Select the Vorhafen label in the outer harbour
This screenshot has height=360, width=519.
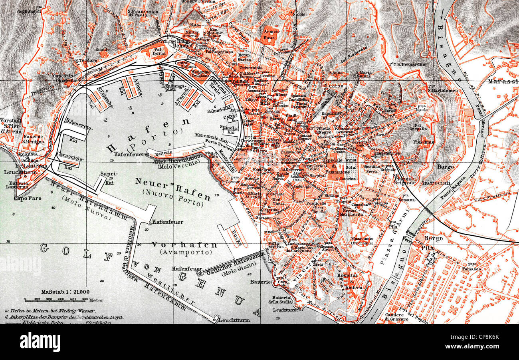click(x=184, y=245)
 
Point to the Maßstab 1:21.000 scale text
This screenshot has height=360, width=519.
click(x=65, y=292)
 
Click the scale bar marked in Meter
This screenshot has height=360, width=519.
click(x=56, y=299)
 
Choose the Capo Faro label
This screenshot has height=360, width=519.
click(x=27, y=198)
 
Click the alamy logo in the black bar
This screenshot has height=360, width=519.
click(x=40, y=342)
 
